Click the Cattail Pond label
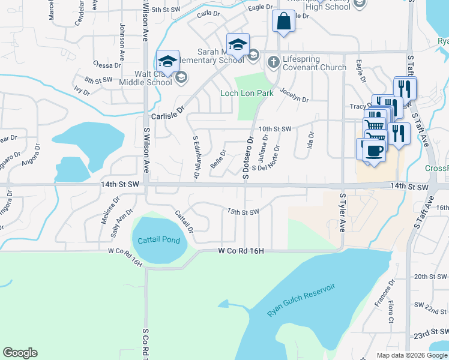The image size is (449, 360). click(x=158, y=240)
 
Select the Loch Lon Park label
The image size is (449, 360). click(x=247, y=93)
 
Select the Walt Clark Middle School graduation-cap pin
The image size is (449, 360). click(x=167, y=62)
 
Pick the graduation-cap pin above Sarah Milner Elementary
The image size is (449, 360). click(x=238, y=45)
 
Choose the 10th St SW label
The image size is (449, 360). click(x=275, y=129)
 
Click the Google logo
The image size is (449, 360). click(x=20, y=353)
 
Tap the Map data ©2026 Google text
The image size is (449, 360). click(x=412, y=355)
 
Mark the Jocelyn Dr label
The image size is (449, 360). click(x=294, y=97)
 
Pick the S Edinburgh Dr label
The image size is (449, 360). click(x=196, y=157)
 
